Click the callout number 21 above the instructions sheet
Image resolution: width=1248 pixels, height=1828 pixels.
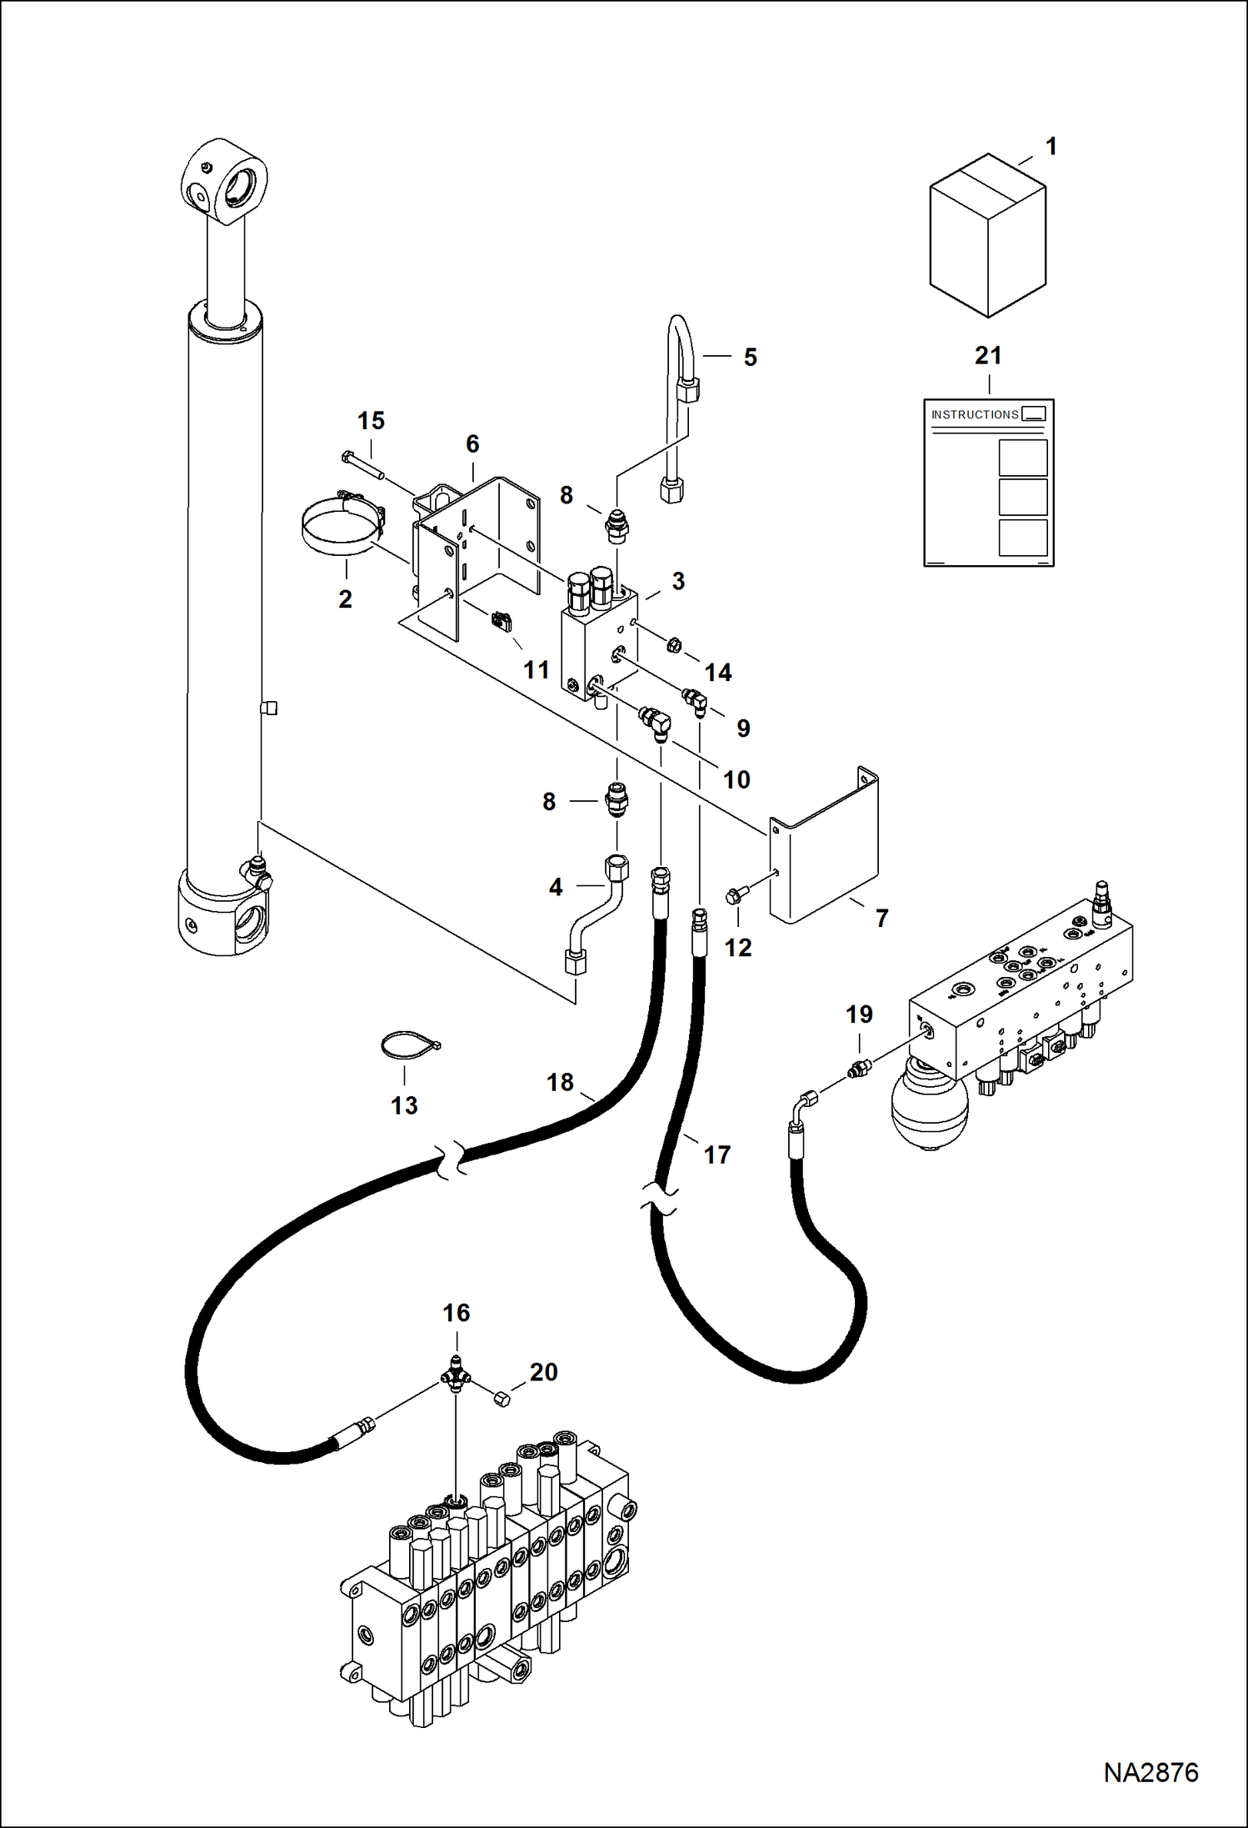pos(988,356)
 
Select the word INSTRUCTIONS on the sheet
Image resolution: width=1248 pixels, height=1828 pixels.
pos(975,414)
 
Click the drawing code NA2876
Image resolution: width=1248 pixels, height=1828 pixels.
pos(1151,1772)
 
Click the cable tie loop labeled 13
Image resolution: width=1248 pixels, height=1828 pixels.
pos(408,1045)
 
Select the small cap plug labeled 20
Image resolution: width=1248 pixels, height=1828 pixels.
pos(502,1399)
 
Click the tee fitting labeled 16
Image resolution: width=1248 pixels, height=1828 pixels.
pos(456,1376)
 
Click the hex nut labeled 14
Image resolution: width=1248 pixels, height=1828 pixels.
pos(675,644)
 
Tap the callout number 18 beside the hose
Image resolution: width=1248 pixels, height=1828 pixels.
pos(560,1082)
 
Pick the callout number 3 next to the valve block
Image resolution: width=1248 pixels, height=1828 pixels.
pos(678,581)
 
